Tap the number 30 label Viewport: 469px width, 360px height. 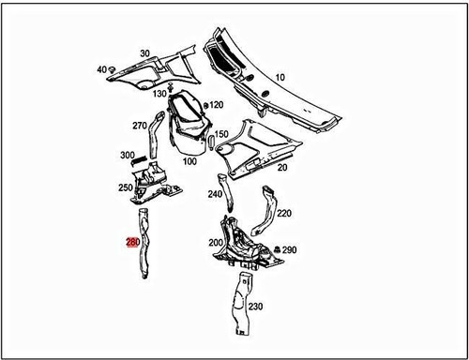(145, 53)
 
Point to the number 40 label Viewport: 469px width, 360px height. (100, 70)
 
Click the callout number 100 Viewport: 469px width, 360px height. (189, 161)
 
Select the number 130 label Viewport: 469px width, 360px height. (159, 95)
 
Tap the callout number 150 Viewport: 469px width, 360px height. (221, 134)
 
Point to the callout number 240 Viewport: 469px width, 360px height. (215, 195)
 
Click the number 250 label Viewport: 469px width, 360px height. (125, 188)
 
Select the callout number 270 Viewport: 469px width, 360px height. (139, 126)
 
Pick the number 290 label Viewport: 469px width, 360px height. (289, 251)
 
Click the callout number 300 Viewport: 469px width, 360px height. (126, 156)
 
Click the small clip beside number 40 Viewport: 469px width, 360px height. (113, 69)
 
